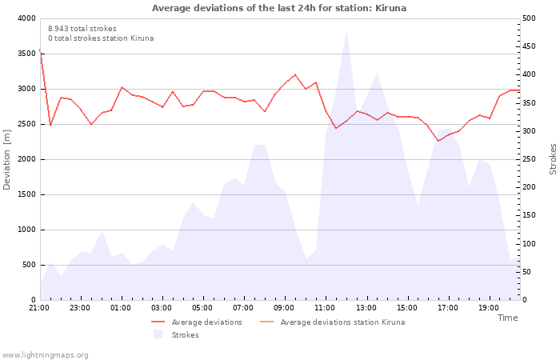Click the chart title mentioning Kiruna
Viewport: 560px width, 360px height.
[279, 8]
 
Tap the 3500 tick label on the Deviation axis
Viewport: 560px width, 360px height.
[26, 54]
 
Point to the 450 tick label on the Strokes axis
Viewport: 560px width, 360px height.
[529, 46]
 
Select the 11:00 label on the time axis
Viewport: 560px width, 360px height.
[325, 308]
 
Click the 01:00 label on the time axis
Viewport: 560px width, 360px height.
[120, 308]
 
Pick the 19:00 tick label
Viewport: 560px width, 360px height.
[488, 308]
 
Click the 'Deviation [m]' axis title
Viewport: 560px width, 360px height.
[6, 159]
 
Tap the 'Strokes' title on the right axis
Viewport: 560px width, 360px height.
[553, 159]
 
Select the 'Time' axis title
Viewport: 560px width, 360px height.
[507, 318]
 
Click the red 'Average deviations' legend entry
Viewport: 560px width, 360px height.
[197, 322]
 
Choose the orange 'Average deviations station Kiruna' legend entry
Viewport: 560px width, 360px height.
[332, 322]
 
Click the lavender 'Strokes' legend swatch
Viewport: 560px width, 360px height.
[158, 334]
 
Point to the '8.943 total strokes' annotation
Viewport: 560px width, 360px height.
[82, 29]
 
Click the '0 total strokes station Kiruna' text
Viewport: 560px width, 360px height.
[101, 38]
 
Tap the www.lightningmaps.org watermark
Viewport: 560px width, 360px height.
[45, 355]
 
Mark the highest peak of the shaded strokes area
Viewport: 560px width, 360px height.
[346, 32]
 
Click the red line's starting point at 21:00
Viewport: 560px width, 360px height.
[40, 50]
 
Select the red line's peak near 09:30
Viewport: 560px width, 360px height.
[295, 74]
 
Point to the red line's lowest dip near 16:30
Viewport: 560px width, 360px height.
[438, 141]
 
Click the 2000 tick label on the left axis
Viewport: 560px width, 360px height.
[26, 159]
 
